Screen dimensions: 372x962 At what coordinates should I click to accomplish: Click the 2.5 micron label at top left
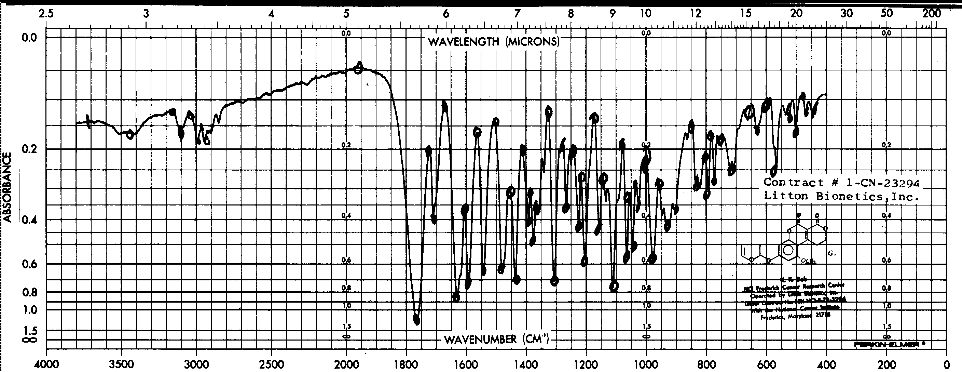tap(46, 14)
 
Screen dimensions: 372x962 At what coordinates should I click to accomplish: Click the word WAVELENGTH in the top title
tap(463, 41)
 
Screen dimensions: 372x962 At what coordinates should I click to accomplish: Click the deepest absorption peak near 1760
tap(416, 320)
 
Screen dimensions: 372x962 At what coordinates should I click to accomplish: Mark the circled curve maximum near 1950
tap(358, 68)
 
